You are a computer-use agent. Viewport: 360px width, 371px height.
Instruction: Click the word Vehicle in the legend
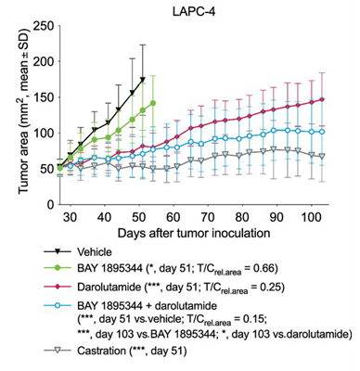click(x=99, y=251)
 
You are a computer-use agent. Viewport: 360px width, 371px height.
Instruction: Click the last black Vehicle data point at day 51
click(x=142, y=80)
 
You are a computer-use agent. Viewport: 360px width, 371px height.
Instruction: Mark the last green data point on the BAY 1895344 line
click(x=152, y=103)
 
